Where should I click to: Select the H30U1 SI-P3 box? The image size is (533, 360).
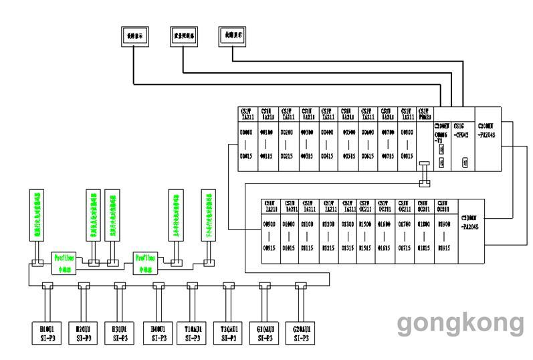[120, 333]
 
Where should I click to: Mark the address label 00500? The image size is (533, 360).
[348, 132]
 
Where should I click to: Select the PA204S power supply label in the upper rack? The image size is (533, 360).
[488, 128]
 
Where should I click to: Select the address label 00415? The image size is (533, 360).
[328, 156]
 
